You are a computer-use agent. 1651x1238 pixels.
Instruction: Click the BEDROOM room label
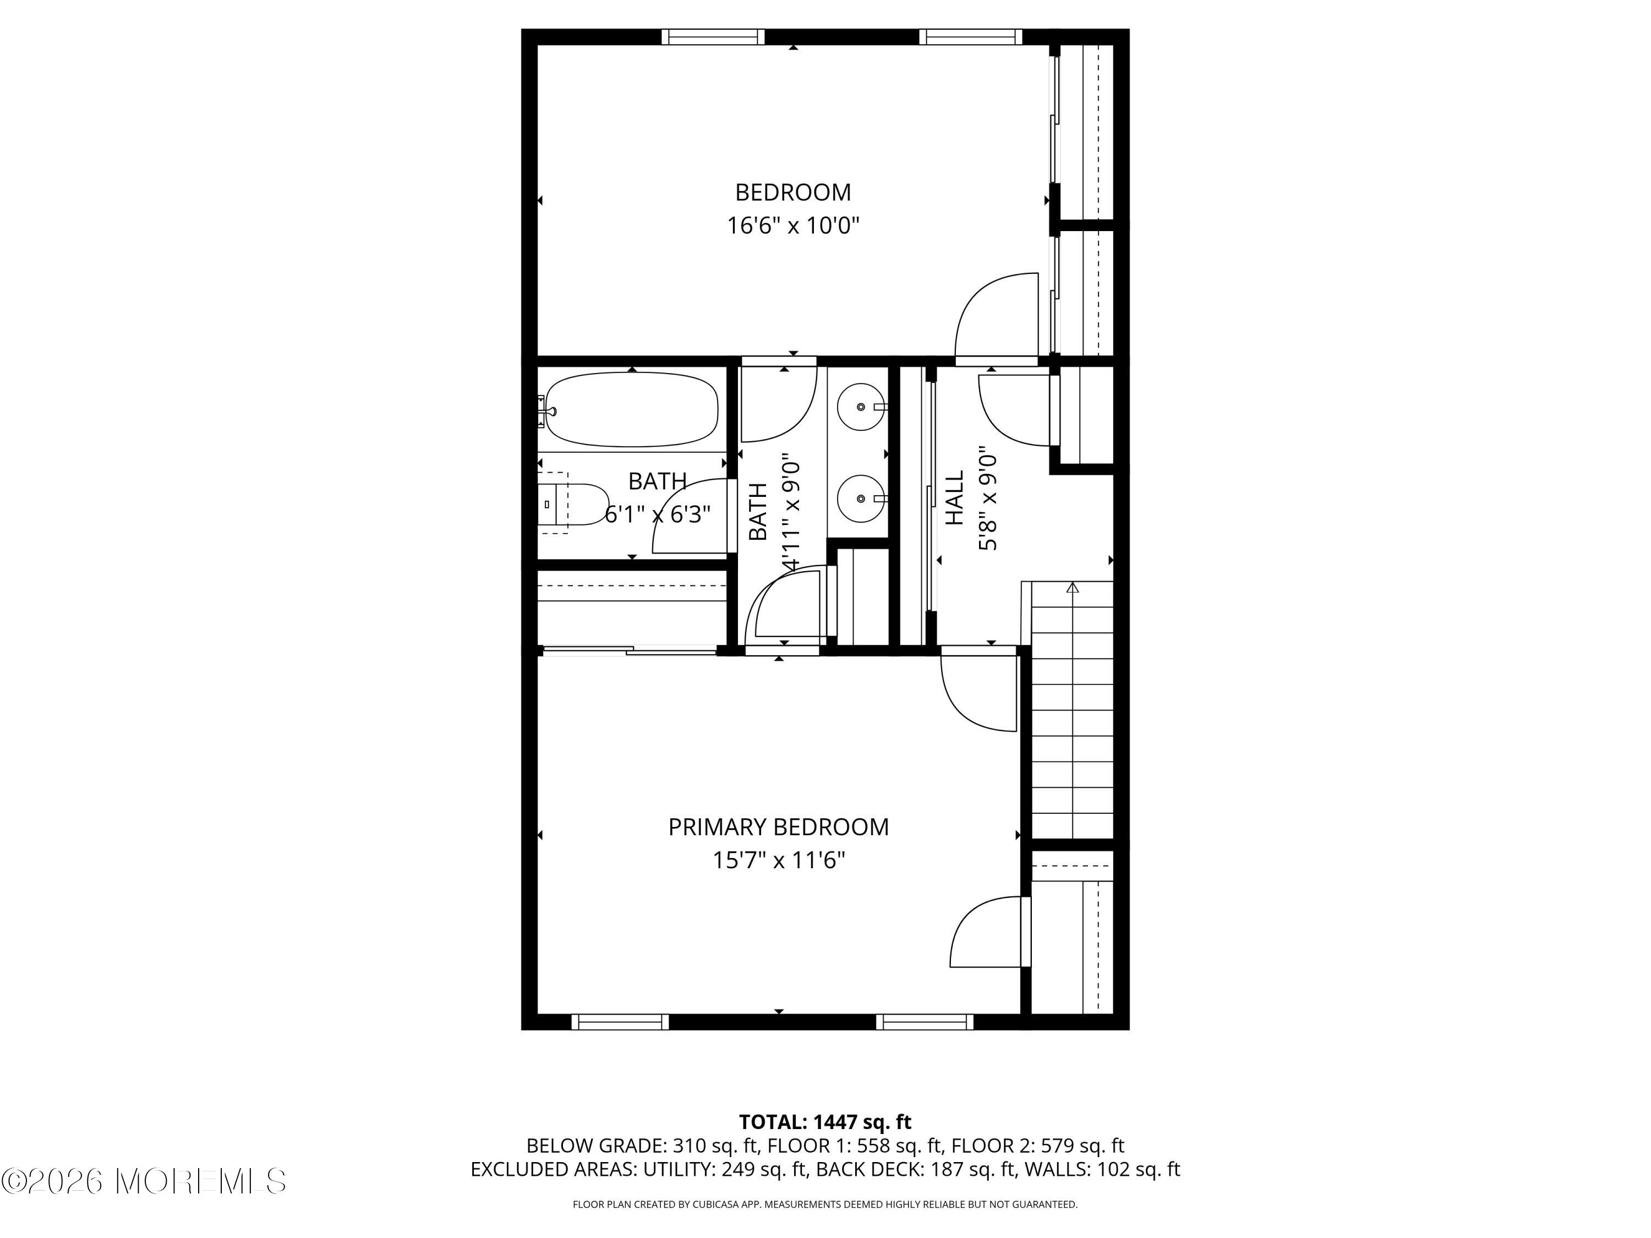pos(792,193)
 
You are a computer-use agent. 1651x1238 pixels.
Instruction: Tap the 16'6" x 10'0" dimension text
pos(792,226)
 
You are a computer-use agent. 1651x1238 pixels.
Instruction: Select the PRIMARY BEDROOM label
pos(778,827)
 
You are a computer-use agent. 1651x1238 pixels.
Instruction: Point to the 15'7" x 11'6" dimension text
pos(778,861)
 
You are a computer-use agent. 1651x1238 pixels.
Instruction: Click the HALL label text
pos(955,498)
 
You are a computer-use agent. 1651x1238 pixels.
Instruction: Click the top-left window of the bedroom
pos(713,36)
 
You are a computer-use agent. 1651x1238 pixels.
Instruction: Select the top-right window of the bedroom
pos(970,36)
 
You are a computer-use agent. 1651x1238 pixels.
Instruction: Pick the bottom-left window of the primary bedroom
pos(620,1022)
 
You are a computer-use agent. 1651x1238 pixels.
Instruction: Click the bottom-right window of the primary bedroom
pos(924,1022)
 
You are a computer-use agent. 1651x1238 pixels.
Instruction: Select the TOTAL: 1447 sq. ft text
pos(825,1121)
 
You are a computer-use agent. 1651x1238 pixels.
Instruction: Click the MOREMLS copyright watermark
pos(143,1181)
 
